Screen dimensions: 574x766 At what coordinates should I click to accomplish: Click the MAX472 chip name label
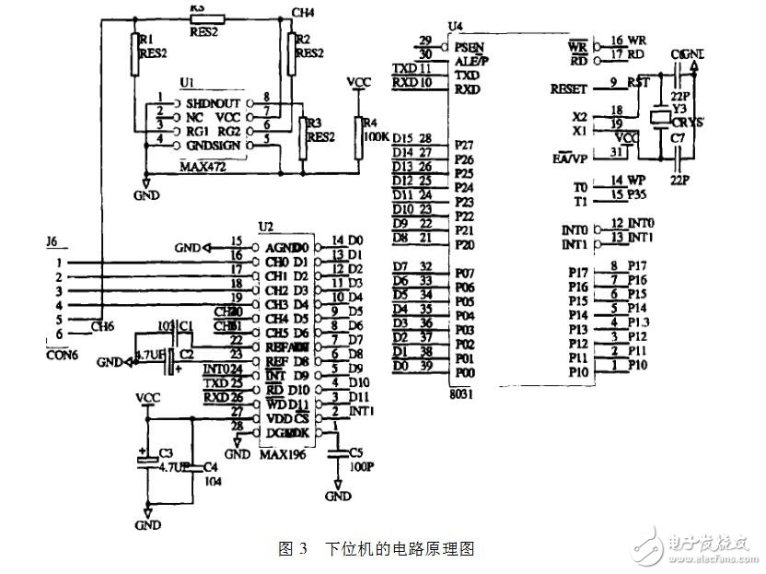pos(203,168)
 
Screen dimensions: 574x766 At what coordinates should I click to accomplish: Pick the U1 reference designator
pos(187,83)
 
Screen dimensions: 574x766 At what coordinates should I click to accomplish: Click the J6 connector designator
pos(52,242)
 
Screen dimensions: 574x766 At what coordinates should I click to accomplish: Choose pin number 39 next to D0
pos(424,368)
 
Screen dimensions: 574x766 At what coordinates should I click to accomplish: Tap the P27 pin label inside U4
pos(464,146)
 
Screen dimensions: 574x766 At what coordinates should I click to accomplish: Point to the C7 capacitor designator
pos(678,138)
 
